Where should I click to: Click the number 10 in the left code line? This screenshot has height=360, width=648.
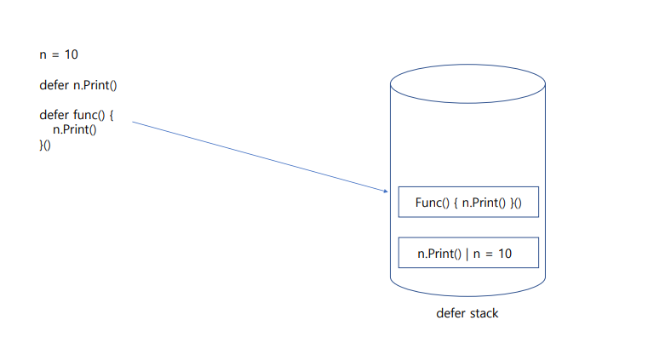pyautogui.click(x=72, y=55)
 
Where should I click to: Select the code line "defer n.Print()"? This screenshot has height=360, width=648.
pyautogui.click(x=77, y=85)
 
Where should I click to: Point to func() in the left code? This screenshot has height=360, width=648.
pyautogui.click(x=89, y=114)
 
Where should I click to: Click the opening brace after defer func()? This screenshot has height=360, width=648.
pyautogui.click(x=111, y=114)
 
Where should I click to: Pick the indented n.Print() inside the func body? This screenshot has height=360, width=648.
pyautogui.click(x=75, y=129)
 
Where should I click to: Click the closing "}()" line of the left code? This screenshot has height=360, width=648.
pyautogui.click(x=45, y=145)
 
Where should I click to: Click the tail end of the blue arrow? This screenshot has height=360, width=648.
pyautogui.click(x=135, y=123)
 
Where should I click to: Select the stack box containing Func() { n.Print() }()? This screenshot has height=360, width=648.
pyautogui.click(x=468, y=203)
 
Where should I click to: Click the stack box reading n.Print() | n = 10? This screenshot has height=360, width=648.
pyautogui.click(x=468, y=253)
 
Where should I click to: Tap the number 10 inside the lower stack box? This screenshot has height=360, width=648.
pyautogui.click(x=504, y=254)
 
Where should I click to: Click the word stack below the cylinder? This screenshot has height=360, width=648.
pyautogui.click(x=483, y=313)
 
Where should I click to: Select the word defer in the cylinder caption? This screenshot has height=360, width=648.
pyautogui.click(x=450, y=313)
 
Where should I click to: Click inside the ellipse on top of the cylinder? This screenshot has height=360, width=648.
pyautogui.click(x=467, y=83)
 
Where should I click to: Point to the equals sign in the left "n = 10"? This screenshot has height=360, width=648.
pyautogui.click(x=55, y=55)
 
